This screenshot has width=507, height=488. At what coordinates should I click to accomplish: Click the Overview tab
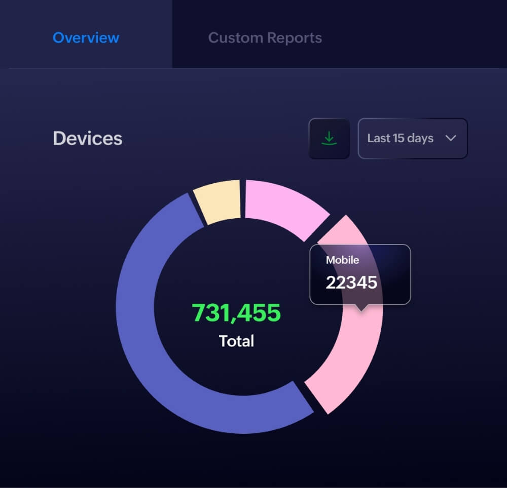[x=86, y=38]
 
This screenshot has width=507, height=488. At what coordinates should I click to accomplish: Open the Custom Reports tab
[x=265, y=38]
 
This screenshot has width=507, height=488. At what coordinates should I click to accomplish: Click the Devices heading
[x=87, y=139]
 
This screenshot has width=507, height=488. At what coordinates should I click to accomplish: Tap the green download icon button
[x=329, y=138]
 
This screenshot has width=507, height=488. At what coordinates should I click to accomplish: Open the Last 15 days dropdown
[x=412, y=138]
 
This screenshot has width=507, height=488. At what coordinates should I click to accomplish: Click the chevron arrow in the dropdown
[x=451, y=138]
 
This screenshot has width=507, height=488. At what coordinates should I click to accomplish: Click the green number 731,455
[x=236, y=313]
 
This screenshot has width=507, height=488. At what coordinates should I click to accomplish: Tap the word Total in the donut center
[x=236, y=341]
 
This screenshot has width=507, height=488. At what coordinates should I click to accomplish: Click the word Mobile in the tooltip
[x=342, y=260]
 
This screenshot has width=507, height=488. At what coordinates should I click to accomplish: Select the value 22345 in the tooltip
[x=351, y=282]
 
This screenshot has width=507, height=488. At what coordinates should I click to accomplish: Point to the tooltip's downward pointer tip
[x=361, y=310]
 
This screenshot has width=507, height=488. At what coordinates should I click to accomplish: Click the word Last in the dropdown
[x=378, y=138]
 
